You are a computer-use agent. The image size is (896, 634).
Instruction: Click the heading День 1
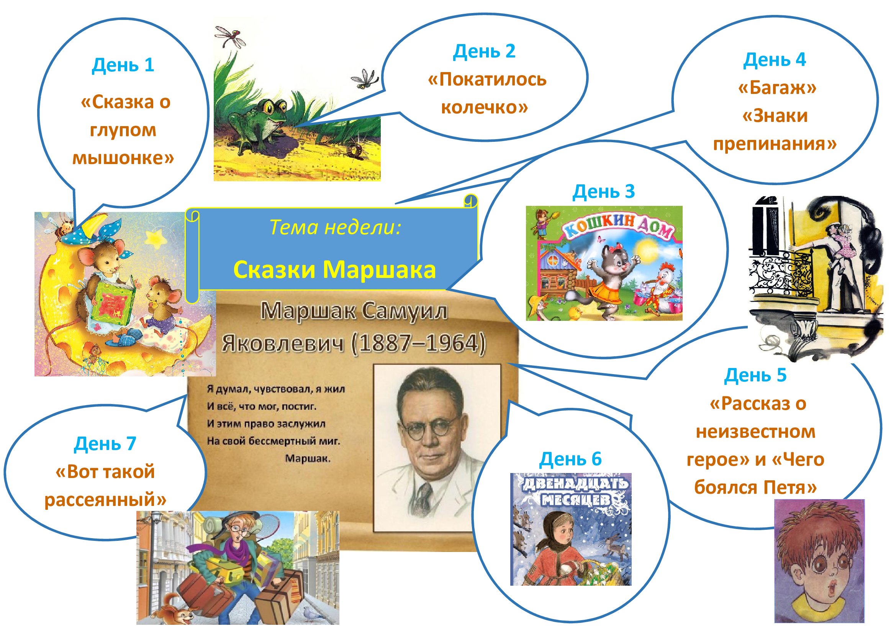tap(123, 65)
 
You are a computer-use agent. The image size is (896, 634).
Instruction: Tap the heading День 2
tap(484, 51)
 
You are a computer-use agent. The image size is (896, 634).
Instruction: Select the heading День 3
tap(603, 191)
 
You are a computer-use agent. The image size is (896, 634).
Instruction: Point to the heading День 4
tap(774, 60)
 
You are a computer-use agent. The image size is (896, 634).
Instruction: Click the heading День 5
tap(755, 375)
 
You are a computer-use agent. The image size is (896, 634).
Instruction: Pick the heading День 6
tap(570, 459)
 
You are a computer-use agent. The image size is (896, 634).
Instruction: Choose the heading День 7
tap(105, 443)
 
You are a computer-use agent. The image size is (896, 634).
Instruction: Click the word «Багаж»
tap(777, 87)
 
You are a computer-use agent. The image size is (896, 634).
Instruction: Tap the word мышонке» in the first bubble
tap(123, 158)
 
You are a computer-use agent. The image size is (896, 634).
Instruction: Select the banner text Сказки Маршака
tap(334, 269)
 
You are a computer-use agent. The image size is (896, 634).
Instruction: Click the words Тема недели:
tap(335, 227)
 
